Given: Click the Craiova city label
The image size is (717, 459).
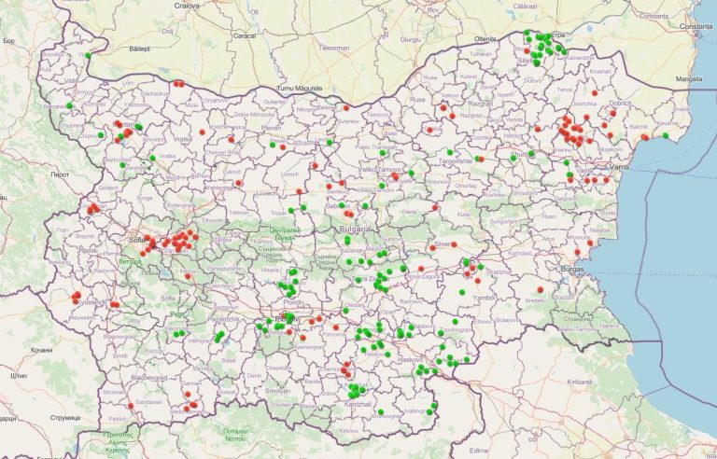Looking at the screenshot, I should (x=187, y=5).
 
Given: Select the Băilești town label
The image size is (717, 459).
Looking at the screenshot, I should (x=140, y=47).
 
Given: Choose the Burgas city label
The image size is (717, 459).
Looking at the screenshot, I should (x=572, y=269).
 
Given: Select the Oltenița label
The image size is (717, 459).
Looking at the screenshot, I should (x=485, y=38).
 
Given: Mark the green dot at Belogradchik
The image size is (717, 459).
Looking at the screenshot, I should (x=70, y=105).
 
